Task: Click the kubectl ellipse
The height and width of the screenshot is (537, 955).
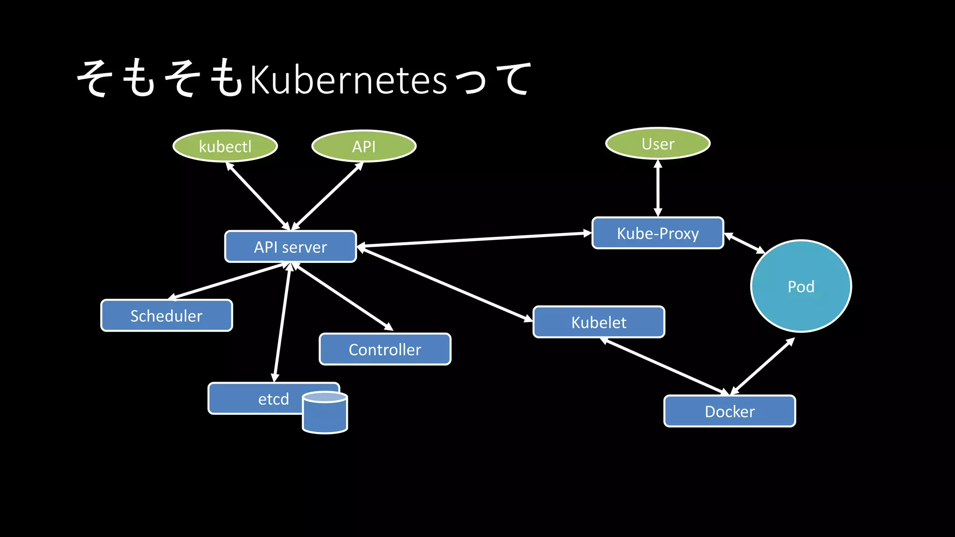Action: (225, 146)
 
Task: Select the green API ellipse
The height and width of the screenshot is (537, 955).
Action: (364, 146)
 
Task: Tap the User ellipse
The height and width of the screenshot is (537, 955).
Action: (657, 144)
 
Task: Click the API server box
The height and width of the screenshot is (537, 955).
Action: (291, 247)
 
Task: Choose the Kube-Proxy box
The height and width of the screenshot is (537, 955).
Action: (657, 233)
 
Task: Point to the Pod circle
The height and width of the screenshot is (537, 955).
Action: (801, 286)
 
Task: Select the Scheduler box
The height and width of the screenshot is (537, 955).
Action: (166, 316)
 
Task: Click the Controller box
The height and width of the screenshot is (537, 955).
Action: (385, 349)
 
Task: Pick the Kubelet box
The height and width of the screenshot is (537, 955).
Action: (599, 322)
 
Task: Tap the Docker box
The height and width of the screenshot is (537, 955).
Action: (729, 411)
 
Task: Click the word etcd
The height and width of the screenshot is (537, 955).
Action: (273, 399)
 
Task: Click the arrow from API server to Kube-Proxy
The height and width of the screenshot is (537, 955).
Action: (473, 239)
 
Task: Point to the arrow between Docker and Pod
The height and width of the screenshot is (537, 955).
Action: (762, 366)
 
